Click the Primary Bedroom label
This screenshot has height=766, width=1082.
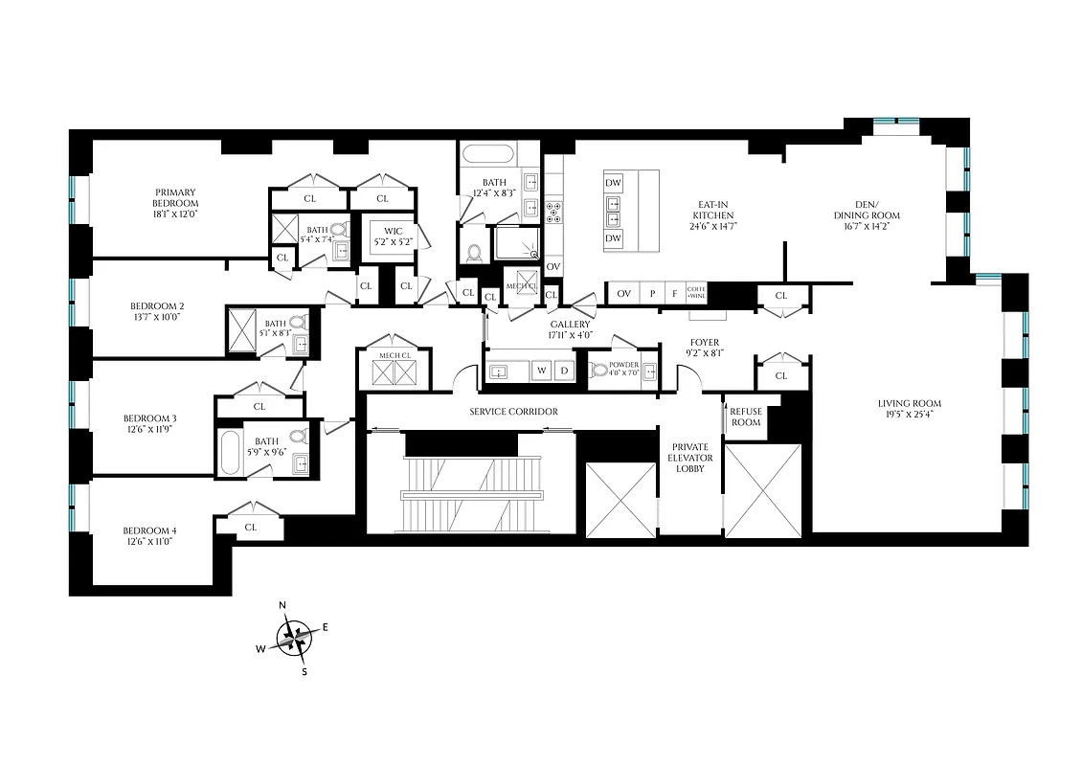(175, 197)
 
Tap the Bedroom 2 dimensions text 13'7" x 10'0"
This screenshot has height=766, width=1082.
(155, 318)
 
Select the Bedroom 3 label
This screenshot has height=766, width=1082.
(149, 418)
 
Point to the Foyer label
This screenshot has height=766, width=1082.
(704, 342)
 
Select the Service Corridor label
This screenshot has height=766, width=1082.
(513, 412)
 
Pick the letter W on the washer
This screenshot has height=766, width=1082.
(541, 370)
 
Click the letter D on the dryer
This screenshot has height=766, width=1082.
(564, 370)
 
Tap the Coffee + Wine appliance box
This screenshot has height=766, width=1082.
(696, 293)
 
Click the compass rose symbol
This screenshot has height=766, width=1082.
(295, 638)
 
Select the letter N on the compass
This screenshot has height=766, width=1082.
(282, 605)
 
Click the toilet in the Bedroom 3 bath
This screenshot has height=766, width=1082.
(298, 438)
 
